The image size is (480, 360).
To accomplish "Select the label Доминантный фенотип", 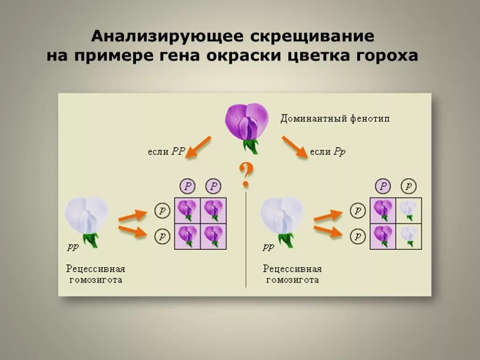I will point(335,119).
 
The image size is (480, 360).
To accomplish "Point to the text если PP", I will point(166,151).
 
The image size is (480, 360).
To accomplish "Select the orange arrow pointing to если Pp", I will point(294,147).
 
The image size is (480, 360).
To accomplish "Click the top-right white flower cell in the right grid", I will point(409,210).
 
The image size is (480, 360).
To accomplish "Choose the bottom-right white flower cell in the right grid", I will point(409,236).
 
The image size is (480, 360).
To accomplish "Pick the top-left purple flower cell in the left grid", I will point(187,210).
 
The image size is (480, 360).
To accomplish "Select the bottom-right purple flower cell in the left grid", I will point(214,236).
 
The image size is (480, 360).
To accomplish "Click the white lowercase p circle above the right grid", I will point(409,186).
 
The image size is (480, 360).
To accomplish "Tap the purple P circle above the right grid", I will point(383,186).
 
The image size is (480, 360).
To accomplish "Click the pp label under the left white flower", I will point(73,247).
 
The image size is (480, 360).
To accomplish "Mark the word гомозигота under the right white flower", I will point(292,280).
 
